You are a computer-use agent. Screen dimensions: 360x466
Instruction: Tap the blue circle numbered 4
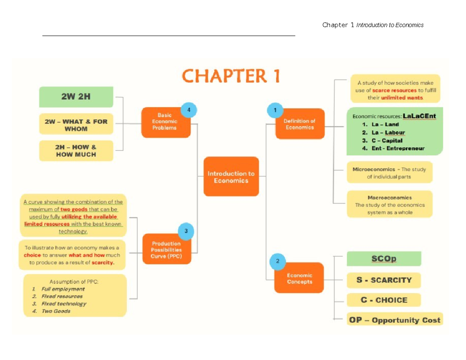coord(189,110)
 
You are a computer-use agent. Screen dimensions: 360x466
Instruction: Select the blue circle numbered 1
coord(275,110)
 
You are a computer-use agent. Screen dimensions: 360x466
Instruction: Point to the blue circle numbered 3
coord(186,231)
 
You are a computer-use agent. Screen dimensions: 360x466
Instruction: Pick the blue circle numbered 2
coord(278,261)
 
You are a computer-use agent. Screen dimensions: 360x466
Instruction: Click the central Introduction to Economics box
coord(231,177)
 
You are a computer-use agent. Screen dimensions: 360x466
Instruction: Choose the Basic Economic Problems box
coord(167,122)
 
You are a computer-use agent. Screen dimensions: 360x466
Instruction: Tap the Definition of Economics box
coord(299,124)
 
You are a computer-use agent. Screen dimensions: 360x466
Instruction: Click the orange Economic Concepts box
coord(299,278)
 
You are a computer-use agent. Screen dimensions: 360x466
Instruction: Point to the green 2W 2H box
coord(76,97)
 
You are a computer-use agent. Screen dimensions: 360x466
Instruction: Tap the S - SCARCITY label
coord(384,280)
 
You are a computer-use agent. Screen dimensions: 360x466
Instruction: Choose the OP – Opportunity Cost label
coord(395,320)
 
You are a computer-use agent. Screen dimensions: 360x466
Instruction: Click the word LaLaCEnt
coord(419,116)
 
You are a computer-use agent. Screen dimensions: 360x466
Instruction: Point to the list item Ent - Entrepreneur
coord(398,148)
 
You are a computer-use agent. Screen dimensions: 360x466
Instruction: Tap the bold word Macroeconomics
coord(389,198)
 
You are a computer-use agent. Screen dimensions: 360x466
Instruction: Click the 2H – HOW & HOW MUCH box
coord(76,151)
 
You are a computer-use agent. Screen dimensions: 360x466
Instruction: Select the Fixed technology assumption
coord(64,304)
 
